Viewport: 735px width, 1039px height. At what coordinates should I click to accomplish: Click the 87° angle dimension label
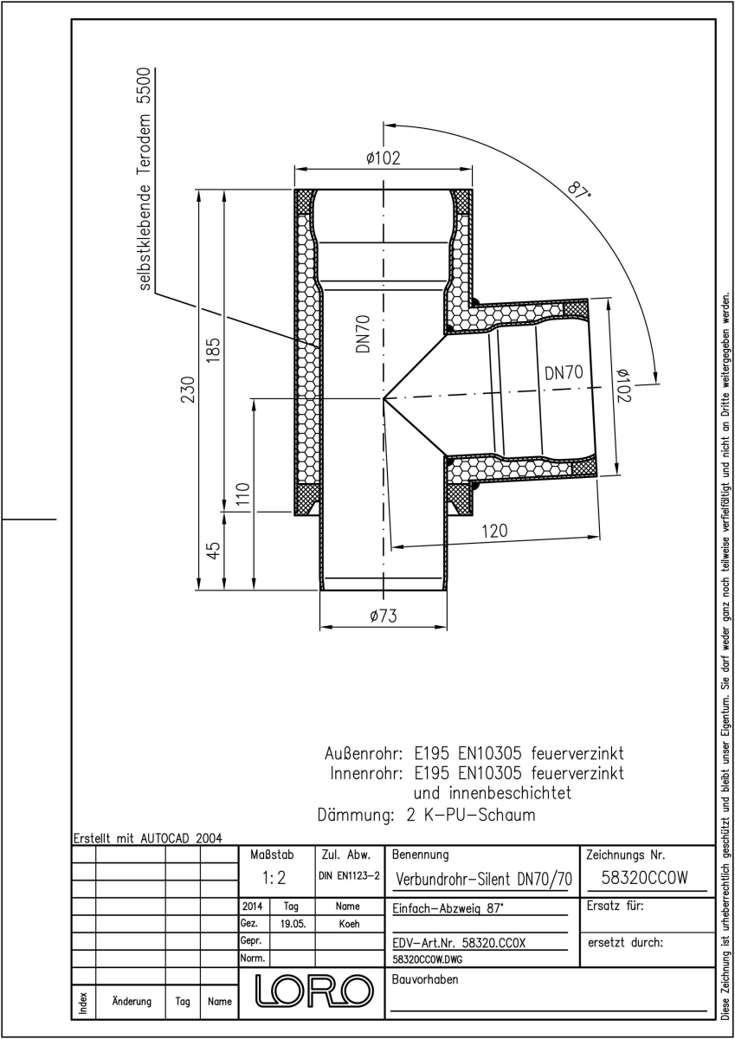[578, 191]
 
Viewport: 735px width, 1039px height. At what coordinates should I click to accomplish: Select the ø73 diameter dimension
[384, 616]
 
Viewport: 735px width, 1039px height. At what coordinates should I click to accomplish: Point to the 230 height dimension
[188, 390]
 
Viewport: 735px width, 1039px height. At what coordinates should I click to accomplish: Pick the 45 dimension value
[214, 551]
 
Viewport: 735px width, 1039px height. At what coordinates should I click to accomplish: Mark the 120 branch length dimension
[495, 531]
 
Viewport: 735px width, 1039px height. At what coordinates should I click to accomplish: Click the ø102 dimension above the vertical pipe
[383, 158]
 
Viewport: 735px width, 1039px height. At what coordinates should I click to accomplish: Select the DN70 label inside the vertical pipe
[363, 333]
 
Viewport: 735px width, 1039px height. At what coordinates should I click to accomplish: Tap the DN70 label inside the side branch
[564, 372]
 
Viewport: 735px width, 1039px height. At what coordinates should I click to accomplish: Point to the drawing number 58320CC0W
[645, 878]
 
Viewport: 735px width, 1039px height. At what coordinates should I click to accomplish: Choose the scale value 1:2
[274, 878]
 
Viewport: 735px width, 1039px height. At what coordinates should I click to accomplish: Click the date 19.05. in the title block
[293, 925]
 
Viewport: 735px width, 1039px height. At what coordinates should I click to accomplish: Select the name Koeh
[349, 924]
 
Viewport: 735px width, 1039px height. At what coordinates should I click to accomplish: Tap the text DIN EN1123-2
[349, 875]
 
